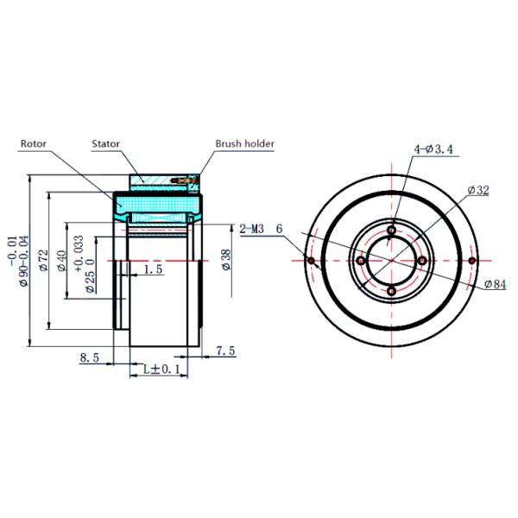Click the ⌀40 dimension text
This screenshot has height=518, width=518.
point(61,262)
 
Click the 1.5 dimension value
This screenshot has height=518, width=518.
point(154,270)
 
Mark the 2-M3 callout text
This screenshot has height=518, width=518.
point(252,229)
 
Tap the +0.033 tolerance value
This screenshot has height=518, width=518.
point(79,253)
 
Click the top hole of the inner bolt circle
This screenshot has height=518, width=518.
point(392,231)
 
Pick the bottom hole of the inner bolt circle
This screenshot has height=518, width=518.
point(392,291)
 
